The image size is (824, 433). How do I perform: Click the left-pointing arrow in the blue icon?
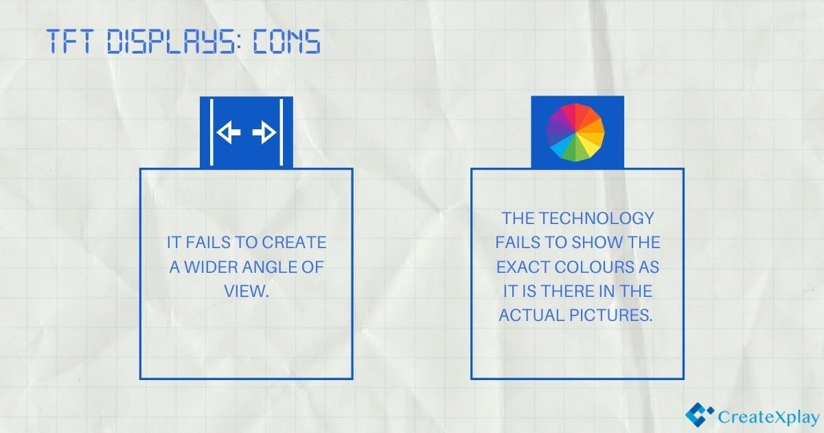[x=229, y=133]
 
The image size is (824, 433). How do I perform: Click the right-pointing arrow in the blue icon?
[x=264, y=133]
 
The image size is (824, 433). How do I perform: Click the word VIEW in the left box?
[x=244, y=291]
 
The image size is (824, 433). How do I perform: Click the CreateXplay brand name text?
[x=768, y=417]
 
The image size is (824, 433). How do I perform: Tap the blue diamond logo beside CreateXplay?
[x=699, y=414]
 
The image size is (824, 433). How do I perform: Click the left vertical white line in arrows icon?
[x=211, y=133]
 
